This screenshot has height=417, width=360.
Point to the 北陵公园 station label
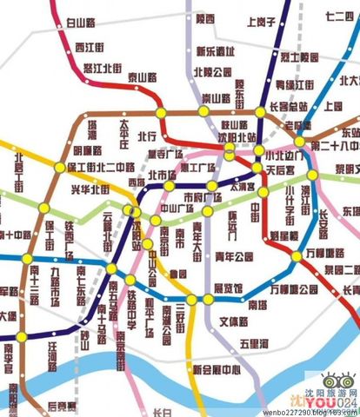[212, 71]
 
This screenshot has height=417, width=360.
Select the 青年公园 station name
[233, 257]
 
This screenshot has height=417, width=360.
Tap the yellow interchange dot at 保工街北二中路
[59, 167]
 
